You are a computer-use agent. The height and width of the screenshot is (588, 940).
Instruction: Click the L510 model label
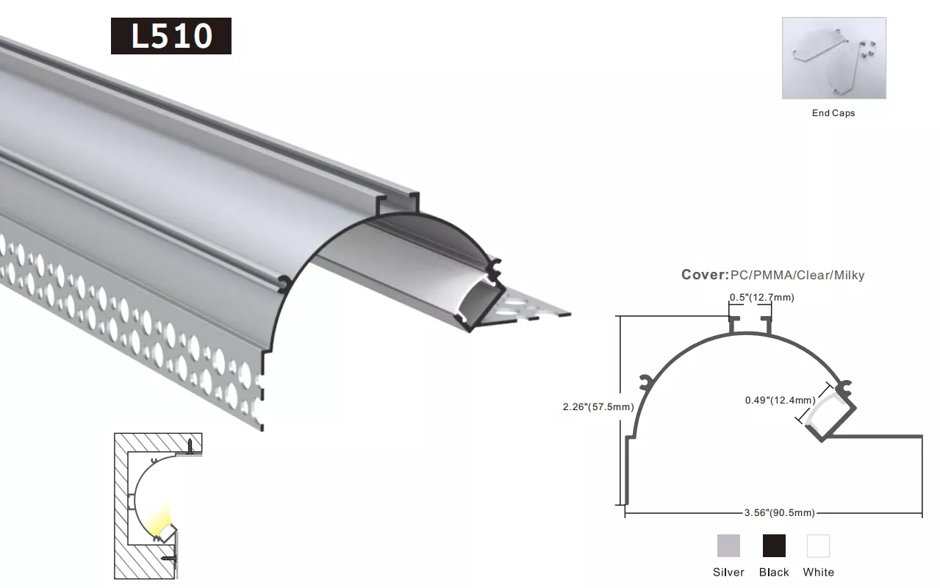click(171, 36)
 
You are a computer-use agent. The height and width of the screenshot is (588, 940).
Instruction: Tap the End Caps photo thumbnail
click(834, 58)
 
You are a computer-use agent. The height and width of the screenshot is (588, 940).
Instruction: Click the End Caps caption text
click(833, 113)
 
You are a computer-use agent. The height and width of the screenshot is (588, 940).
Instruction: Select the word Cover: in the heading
click(705, 275)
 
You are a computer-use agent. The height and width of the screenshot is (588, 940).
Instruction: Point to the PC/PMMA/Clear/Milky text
click(797, 276)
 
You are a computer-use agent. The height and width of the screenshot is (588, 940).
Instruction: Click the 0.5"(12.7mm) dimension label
click(761, 298)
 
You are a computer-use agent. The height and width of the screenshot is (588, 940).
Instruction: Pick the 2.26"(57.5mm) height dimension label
click(598, 406)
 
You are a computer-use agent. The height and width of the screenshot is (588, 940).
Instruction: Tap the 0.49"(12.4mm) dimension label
click(780, 400)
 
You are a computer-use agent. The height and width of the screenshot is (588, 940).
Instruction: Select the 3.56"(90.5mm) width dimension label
click(780, 512)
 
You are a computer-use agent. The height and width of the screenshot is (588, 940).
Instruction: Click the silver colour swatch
click(728, 545)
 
